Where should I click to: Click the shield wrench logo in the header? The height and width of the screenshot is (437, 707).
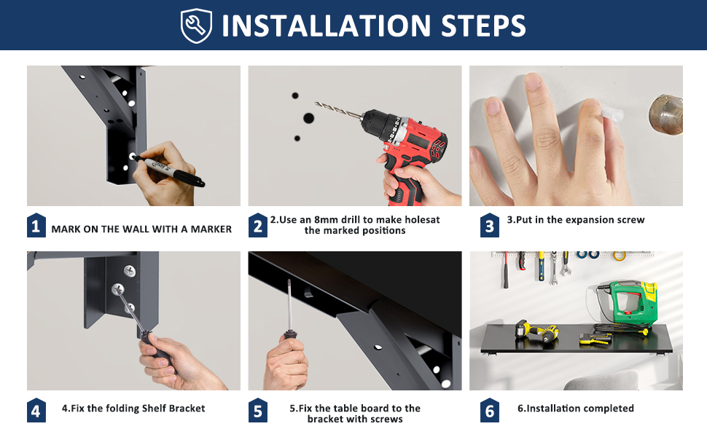pyautogui.click(x=196, y=25)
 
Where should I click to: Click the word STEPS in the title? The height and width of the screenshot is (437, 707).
pyautogui.click(x=483, y=25)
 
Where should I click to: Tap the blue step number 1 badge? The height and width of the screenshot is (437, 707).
pyautogui.click(x=36, y=225)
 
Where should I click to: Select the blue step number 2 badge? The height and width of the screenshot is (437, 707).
pyautogui.click(x=257, y=225)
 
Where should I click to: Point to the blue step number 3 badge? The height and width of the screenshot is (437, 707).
pyautogui.click(x=489, y=225)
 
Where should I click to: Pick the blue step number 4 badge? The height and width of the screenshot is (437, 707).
pyautogui.click(x=36, y=411)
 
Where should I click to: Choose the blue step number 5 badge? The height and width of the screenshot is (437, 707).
pyautogui.click(x=257, y=411)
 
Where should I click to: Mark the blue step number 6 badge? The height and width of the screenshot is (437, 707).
pyautogui.click(x=489, y=411)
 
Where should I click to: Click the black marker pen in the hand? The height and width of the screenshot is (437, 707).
pyautogui.click(x=168, y=170)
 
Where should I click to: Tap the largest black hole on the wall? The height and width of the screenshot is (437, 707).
pyautogui.click(x=308, y=119)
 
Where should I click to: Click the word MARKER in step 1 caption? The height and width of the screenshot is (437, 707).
pyautogui.click(x=211, y=229)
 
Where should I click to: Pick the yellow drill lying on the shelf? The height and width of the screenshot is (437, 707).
pyautogui.click(x=537, y=331)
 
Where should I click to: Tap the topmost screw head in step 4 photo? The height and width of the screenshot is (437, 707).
pyautogui.click(x=130, y=271)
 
